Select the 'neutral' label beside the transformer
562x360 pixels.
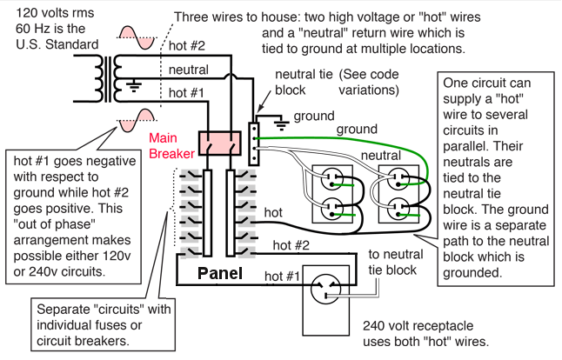[187, 70]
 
